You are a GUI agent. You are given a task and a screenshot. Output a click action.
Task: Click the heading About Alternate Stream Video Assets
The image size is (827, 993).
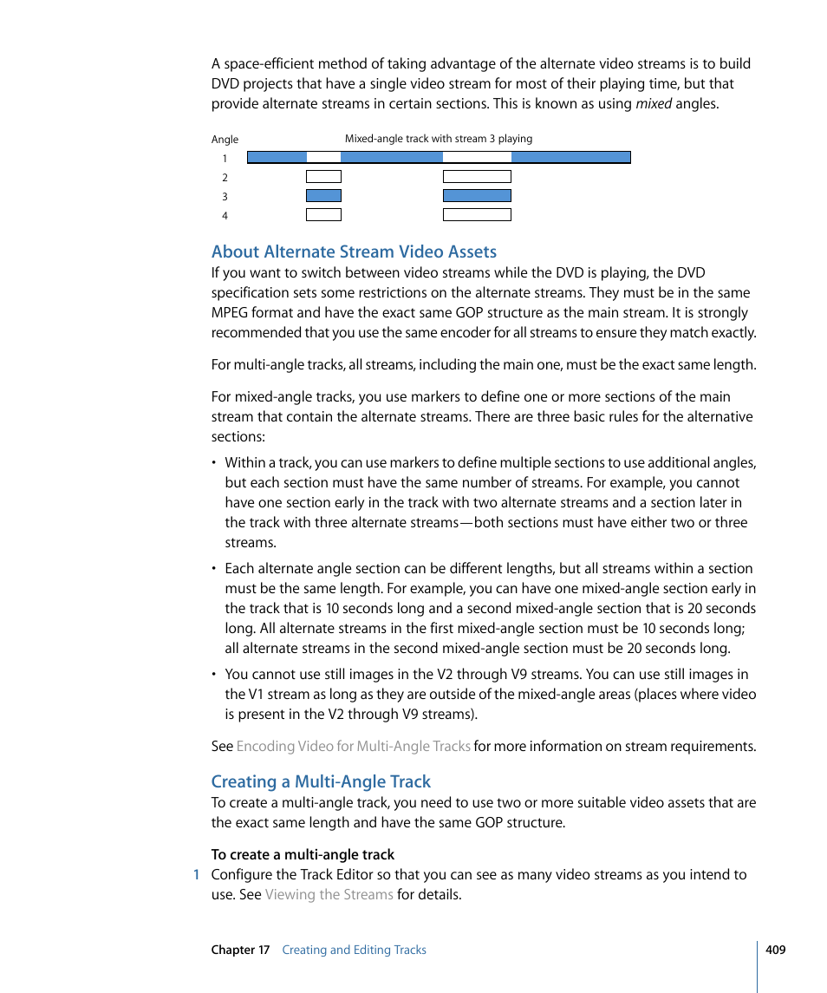click(354, 252)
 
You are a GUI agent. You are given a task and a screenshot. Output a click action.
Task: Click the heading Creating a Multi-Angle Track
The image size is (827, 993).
click(321, 781)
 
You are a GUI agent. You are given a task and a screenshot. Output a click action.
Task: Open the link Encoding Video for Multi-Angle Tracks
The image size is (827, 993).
click(354, 746)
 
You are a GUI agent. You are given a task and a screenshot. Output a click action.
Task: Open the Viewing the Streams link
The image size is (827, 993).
click(329, 894)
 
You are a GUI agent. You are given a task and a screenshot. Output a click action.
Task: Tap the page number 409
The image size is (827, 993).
click(775, 950)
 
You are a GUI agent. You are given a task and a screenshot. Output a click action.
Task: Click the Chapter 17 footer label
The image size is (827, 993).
click(240, 950)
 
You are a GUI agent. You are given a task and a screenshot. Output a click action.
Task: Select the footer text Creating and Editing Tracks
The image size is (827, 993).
click(354, 950)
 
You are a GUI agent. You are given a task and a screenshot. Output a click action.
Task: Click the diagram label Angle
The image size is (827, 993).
click(225, 139)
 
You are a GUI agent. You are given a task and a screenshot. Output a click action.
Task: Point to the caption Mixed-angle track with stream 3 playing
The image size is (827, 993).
click(439, 138)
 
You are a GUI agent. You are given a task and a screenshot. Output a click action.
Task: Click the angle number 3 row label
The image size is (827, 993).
click(225, 197)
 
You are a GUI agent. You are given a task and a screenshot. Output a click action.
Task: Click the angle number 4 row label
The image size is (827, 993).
click(225, 216)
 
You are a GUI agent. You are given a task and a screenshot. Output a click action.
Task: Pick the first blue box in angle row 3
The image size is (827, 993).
click(323, 196)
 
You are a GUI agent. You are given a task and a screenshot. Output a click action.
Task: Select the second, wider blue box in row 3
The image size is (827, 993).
click(477, 196)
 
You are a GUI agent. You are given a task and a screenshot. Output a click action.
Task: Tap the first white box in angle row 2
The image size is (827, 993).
click(323, 177)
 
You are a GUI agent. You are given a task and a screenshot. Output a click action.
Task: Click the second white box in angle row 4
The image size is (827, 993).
click(477, 215)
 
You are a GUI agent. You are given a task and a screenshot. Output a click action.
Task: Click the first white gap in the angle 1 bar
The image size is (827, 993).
click(323, 158)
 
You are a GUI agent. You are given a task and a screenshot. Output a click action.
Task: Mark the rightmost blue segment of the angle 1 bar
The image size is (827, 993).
click(570, 158)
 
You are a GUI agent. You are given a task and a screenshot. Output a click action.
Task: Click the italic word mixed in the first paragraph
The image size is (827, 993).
click(654, 104)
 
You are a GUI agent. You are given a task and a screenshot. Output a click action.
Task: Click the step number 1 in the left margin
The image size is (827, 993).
click(197, 874)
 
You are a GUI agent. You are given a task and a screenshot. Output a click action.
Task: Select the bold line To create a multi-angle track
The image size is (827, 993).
click(303, 854)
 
